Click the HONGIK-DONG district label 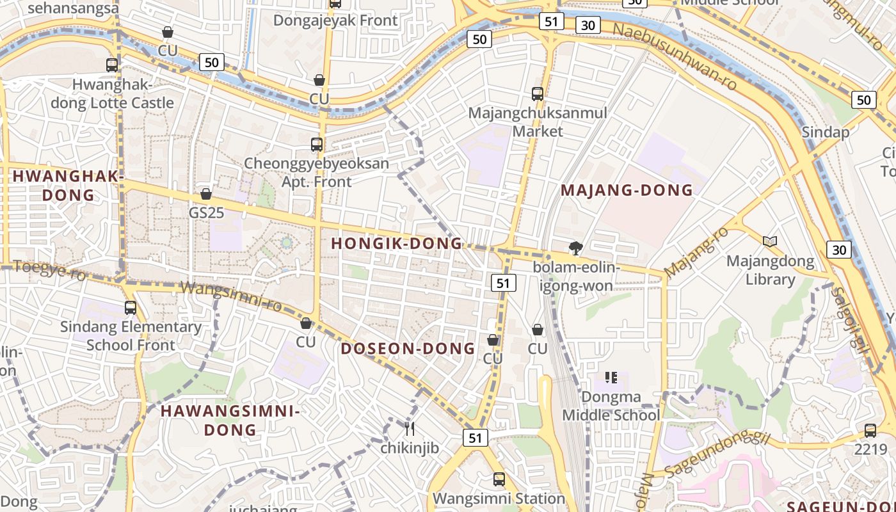point(396,243)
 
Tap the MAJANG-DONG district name point(627,190)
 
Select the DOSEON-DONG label point(408,349)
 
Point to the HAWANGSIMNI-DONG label point(230,420)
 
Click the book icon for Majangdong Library point(770,241)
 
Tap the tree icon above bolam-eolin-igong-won point(576,248)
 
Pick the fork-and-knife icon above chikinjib point(410,428)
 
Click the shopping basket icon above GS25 point(206,193)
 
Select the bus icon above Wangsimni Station point(499,479)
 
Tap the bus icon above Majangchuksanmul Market point(538,94)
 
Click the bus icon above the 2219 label point(870,431)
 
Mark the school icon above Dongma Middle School point(611,378)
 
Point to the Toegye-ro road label point(49,270)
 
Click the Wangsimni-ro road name point(232,296)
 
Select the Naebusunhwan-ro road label point(675,56)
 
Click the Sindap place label point(826,132)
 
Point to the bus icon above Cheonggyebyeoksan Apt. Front point(317,145)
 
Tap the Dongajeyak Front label point(335,20)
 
